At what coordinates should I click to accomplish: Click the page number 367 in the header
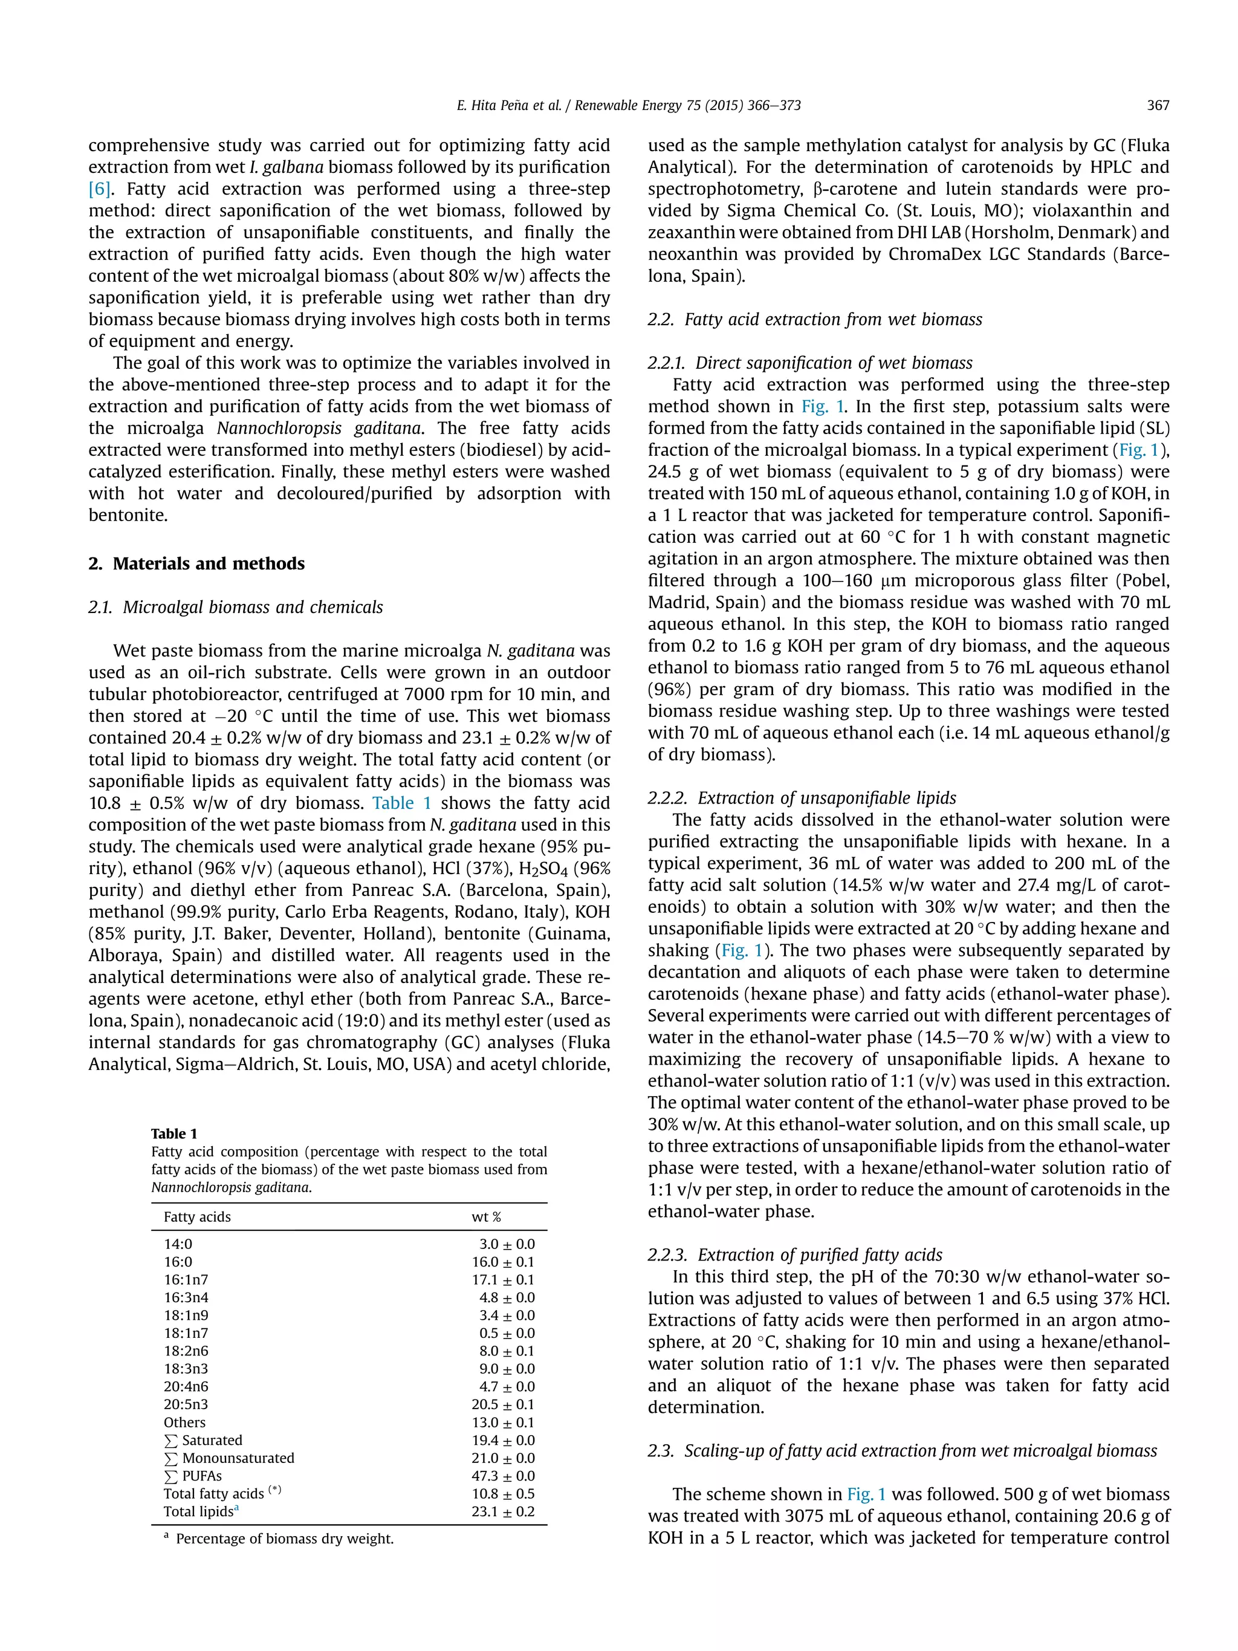tap(1158, 105)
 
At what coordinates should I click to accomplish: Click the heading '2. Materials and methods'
tap(196, 563)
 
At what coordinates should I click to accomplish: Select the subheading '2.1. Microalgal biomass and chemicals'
tap(236, 607)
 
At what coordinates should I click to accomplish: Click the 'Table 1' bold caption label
tap(174, 1133)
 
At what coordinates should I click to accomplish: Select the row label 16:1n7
tap(186, 1279)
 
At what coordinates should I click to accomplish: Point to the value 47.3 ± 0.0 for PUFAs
tap(503, 1476)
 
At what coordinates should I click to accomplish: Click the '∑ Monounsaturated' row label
tap(229, 1458)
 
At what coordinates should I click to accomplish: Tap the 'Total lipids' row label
tap(198, 1511)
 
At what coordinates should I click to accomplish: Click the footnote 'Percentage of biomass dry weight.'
tap(284, 1539)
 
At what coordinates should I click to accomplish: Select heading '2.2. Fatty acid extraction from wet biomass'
tap(815, 319)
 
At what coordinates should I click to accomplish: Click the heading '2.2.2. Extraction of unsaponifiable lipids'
tap(802, 798)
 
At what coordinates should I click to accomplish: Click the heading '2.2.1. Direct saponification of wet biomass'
tap(809, 363)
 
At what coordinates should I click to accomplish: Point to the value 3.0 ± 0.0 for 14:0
tap(507, 1244)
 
